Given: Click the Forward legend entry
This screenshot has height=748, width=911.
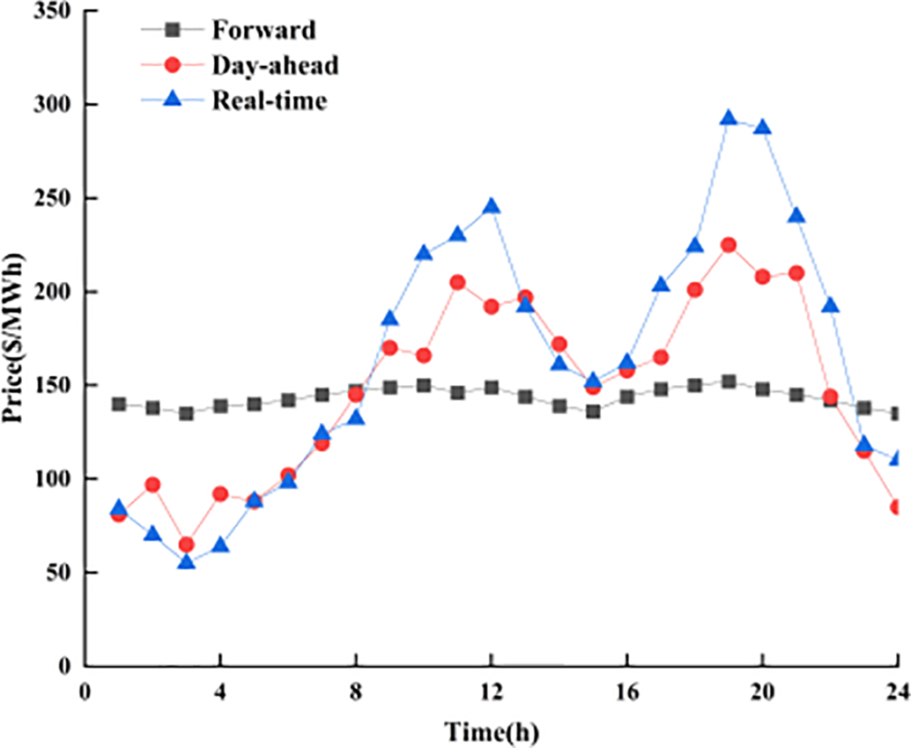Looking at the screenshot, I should coord(263,31).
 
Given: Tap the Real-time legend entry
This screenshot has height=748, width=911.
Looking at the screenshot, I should coord(269,100).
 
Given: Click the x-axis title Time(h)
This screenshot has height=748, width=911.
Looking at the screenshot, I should coord(491,729).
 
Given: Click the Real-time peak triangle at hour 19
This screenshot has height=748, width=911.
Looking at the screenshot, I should coord(729,118).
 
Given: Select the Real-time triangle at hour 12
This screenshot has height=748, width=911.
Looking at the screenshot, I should coord(492,206).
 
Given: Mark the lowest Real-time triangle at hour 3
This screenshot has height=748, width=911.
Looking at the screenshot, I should coord(186,561).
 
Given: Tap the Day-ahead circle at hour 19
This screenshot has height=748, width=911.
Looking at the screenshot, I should coord(729,246).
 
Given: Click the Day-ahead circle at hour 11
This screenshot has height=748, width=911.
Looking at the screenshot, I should coord(457,283).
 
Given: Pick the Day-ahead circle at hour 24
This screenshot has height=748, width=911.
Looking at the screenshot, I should coord(898,507).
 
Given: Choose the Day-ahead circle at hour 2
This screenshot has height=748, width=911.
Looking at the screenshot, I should coord(152,485).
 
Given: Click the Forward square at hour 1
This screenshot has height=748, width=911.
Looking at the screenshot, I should coord(118,404).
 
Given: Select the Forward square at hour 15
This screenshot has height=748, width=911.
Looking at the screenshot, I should coord(593,411).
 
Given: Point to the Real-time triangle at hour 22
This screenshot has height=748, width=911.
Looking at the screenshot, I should coord(830,306).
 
